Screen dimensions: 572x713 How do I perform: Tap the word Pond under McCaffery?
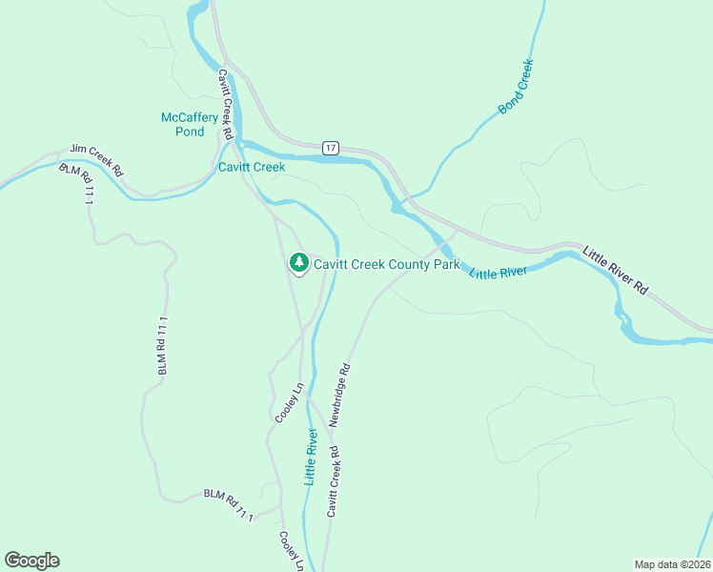[191, 132]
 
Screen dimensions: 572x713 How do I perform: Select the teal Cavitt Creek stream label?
[252, 168]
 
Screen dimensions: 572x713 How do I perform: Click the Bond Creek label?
[517, 88]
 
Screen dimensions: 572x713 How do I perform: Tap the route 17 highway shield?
[330, 148]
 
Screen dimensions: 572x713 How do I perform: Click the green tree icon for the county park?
[298, 262]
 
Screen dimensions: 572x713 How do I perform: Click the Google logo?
[31, 561]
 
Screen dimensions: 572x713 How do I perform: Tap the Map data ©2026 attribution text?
[672, 563]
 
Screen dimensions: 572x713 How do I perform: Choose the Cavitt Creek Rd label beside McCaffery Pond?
[225, 105]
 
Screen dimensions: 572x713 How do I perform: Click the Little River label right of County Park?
[499, 273]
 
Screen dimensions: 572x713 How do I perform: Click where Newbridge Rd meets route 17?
[456, 230]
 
